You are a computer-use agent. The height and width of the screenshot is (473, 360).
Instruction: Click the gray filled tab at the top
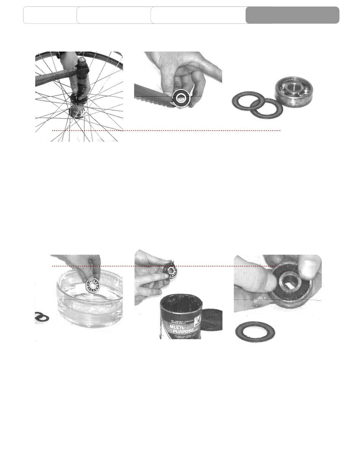pyautogui.click(x=292, y=15)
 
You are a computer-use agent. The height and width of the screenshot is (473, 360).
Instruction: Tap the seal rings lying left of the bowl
pyautogui.click(x=42, y=317)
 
